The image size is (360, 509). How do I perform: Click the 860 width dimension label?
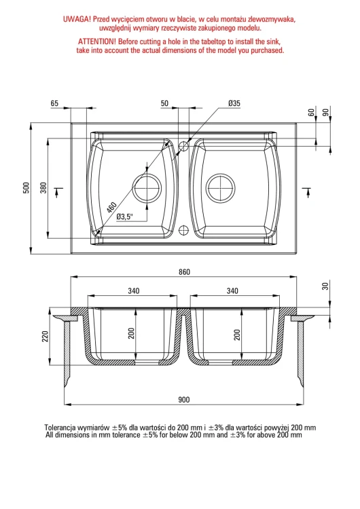point(184,272)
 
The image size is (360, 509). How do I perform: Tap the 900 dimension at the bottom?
point(184,400)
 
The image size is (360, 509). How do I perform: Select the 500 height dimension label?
point(26,187)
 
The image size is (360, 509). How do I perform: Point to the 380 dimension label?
point(43,187)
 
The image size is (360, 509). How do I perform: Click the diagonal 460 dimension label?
point(111,208)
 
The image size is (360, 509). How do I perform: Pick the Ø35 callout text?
point(234,103)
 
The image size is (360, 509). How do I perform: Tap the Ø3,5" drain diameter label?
point(125,216)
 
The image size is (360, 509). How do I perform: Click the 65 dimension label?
point(54,103)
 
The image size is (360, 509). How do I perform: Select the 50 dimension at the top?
point(165,103)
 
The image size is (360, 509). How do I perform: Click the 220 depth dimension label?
point(45,337)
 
